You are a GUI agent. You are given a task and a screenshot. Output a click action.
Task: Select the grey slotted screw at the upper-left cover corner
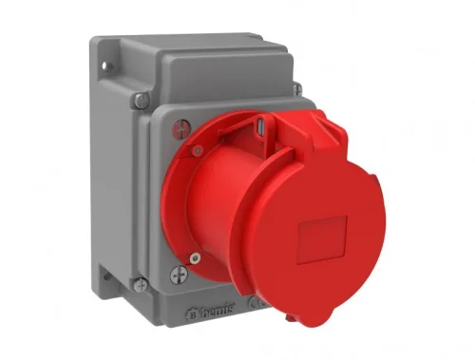click(x=140, y=99)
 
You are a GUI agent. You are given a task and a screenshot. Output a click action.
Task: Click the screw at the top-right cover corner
click(x=297, y=89)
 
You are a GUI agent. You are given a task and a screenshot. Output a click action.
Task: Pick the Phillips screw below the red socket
click(x=177, y=275)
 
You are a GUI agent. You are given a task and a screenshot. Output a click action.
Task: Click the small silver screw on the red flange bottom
click(x=194, y=257)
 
